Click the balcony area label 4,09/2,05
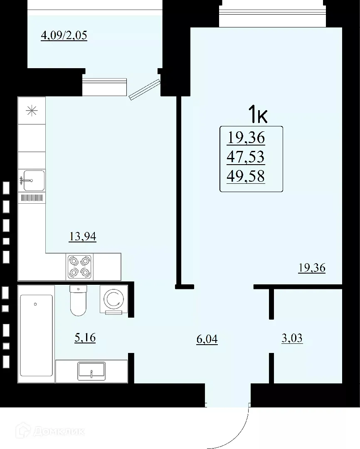pos(64,35)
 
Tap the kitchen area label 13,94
pos(82,237)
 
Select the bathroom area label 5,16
pos(85,338)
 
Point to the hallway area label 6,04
pos(207,339)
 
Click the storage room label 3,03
pos(292,338)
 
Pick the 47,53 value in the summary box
pos(245,157)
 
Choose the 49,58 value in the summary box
pos(245,177)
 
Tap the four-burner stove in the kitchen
pos(79,266)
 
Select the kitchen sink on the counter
pos(33,180)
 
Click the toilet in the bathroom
pos(77,301)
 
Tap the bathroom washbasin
pos(91,371)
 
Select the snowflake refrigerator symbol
pos(31,111)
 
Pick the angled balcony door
pos(144,90)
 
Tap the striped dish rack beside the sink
pos(32,198)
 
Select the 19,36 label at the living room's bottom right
pos(311,268)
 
